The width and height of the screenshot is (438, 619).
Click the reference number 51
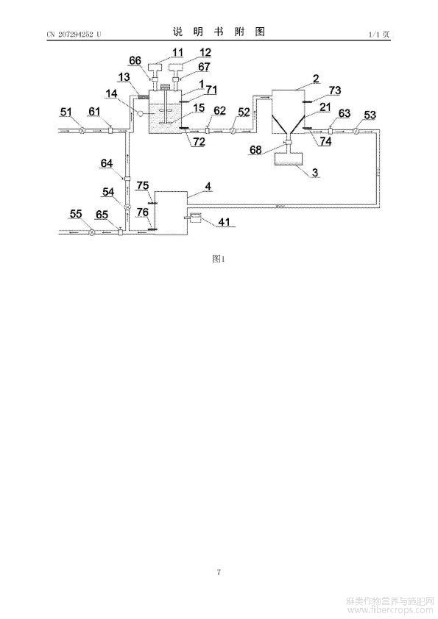coord(66,112)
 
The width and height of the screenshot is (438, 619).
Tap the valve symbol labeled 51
coord(82,130)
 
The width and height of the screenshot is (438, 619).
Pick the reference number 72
coord(198,141)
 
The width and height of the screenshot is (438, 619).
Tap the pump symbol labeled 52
coord(233,130)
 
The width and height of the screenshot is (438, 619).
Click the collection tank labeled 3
coord(288,159)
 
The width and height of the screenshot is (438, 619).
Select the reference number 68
coord(255,149)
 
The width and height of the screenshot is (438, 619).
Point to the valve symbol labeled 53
coord(356,130)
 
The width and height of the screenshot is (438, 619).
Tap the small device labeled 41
coord(195,218)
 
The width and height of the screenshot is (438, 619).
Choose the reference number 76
coord(143,212)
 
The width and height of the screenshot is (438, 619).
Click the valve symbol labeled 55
coord(92,232)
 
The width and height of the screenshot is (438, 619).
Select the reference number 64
coord(107,163)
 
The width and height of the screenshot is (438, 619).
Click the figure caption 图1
coord(219,259)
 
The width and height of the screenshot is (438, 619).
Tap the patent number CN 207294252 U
coord(74,35)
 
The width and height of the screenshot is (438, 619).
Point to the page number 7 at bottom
coord(219,571)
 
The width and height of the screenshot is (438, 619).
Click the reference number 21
coord(325,107)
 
